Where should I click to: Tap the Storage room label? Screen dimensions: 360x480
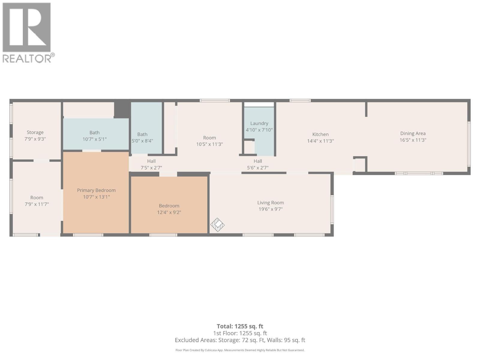pos(35,132)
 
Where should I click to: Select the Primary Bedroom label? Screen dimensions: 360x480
pos(96,190)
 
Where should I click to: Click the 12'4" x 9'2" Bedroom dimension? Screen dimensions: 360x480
pos(169,212)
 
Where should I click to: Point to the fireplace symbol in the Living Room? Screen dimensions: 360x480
pos(217,225)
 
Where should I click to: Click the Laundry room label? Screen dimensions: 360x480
pos(259,123)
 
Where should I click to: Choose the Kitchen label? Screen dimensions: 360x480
pos(320,134)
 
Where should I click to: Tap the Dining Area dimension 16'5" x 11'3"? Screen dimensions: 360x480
pos(413,140)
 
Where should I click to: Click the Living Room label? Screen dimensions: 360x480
pos(270,203)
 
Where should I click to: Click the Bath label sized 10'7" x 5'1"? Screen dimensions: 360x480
pos(94,133)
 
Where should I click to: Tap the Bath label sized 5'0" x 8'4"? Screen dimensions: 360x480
pos(142,134)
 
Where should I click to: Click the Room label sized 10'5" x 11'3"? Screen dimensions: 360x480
pos(209,138)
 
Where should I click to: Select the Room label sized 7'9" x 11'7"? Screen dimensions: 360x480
pos(37,198)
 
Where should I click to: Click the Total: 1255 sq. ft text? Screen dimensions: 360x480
pos(240,326)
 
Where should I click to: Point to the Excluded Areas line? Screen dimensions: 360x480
pos(240,340)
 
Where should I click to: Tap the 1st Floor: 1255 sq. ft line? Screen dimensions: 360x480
pos(240,333)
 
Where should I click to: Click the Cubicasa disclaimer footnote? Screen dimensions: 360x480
pos(240,350)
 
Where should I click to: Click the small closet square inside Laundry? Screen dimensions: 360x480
pos(249,147)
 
